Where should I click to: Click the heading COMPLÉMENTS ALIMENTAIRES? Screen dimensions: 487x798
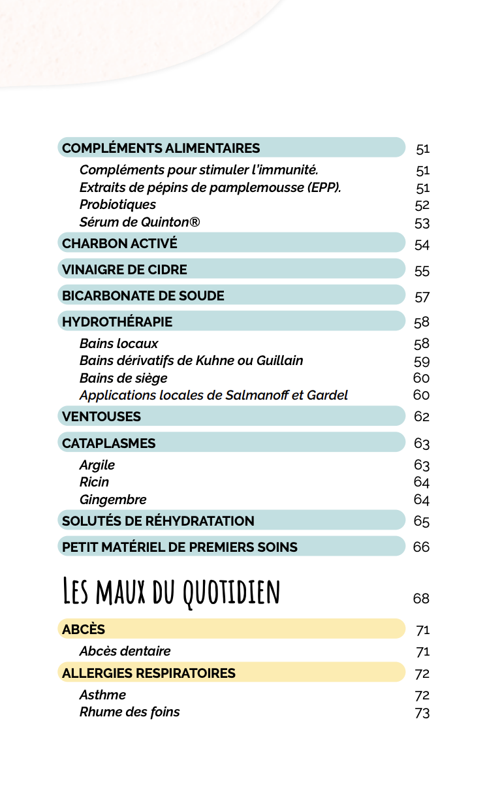pos(161,148)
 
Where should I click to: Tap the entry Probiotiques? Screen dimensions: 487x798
pos(118,205)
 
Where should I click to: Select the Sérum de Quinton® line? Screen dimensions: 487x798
pos(140,222)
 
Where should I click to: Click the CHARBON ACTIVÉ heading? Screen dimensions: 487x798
pos(119,244)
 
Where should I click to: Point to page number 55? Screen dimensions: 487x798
pos(422,272)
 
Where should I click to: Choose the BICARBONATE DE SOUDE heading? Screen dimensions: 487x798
pos(143,296)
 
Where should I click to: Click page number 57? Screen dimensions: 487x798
pos(422,298)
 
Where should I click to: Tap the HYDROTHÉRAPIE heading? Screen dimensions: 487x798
pos(117,322)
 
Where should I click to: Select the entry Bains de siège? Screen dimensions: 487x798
pos(123,378)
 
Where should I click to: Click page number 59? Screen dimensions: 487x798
pos(422,362)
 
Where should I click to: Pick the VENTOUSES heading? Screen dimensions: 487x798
pos(101,417)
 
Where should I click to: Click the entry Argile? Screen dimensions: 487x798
pos(97,465)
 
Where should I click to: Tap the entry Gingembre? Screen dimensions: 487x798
pos(113,500)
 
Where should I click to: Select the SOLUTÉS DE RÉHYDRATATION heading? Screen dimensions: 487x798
pos(158,521)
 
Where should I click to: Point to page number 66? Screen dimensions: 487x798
pos(421,547)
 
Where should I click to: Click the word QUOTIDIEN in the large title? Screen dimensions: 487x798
pos(232,593)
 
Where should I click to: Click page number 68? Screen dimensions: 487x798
pos(421,598)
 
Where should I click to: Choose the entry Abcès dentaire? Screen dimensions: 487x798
pos(125,651)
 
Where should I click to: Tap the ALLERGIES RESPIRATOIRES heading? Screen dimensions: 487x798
pos(149,673)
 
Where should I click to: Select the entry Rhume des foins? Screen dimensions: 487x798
pos(129,712)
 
